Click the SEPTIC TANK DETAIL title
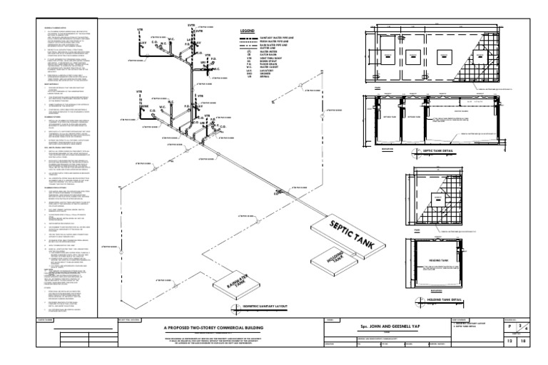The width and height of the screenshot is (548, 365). tap(436, 152)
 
